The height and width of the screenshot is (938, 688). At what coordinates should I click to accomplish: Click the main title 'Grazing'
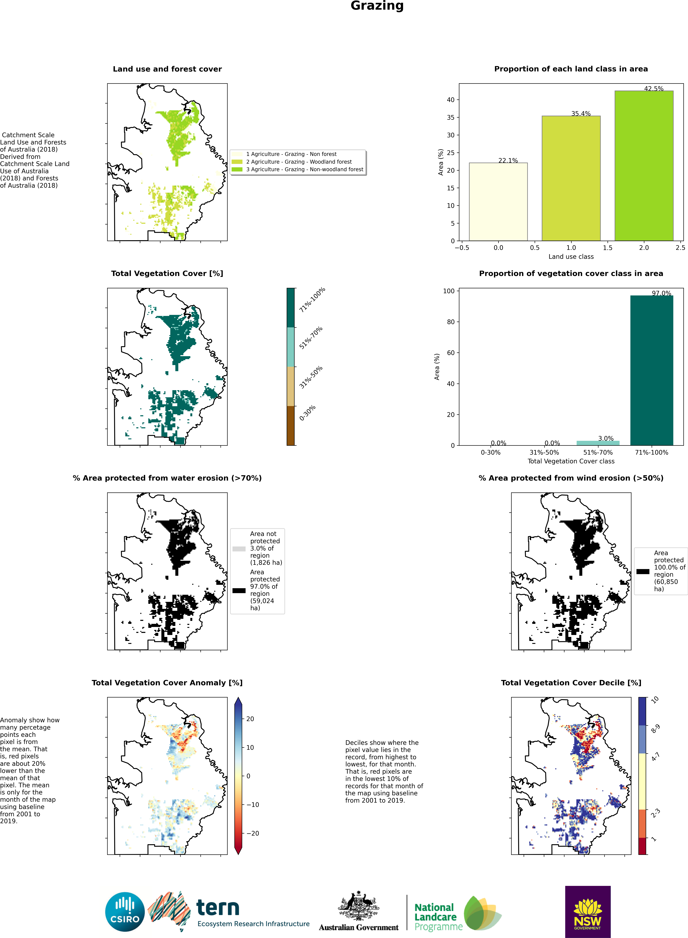click(377, 6)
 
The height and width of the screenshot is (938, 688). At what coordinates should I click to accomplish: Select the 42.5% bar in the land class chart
click(644, 166)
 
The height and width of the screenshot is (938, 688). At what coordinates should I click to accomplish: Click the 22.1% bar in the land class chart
click(498, 202)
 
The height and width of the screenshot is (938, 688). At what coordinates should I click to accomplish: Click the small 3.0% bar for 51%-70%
click(598, 443)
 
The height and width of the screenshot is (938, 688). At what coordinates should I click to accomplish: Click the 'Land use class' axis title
click(571, 256)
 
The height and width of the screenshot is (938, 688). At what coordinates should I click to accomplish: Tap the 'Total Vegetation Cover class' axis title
click(571, 461)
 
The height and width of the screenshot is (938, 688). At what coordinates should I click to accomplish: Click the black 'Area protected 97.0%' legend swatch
click(239, 590)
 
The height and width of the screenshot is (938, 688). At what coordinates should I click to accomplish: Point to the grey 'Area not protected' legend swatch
click(239, 549)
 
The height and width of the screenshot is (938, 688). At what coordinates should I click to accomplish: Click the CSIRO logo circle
click(125, 912)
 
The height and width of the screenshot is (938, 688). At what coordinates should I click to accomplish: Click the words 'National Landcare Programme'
click(438, 917)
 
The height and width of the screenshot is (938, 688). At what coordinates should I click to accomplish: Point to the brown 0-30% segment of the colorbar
click(291, 425)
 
